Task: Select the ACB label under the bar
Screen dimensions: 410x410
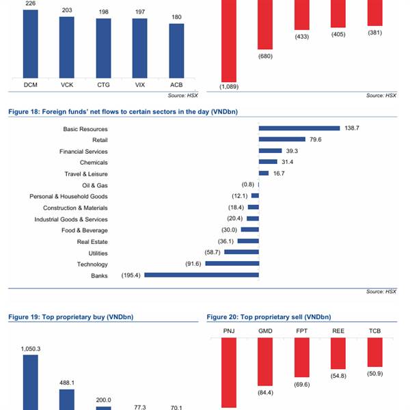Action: click(x=176, y=85)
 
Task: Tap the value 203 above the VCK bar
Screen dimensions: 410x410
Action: click(x=67, y=10)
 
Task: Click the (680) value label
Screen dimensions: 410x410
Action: click(x=265, y=56)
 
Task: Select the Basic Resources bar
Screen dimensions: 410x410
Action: click(x=299, y=128)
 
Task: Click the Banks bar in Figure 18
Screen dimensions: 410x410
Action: click(x=202, y=275)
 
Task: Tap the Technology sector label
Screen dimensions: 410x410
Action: click(x=92, y=264)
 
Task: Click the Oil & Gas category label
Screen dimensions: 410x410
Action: click(x=94, y=184)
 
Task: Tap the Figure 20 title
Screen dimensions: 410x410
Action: click(x=269, y=317)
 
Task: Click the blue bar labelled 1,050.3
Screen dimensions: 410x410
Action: click(x=31, y=383)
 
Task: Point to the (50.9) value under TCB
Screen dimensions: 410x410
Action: click(x=374, y=374)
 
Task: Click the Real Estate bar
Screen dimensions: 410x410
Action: click(x=251, y=241)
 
